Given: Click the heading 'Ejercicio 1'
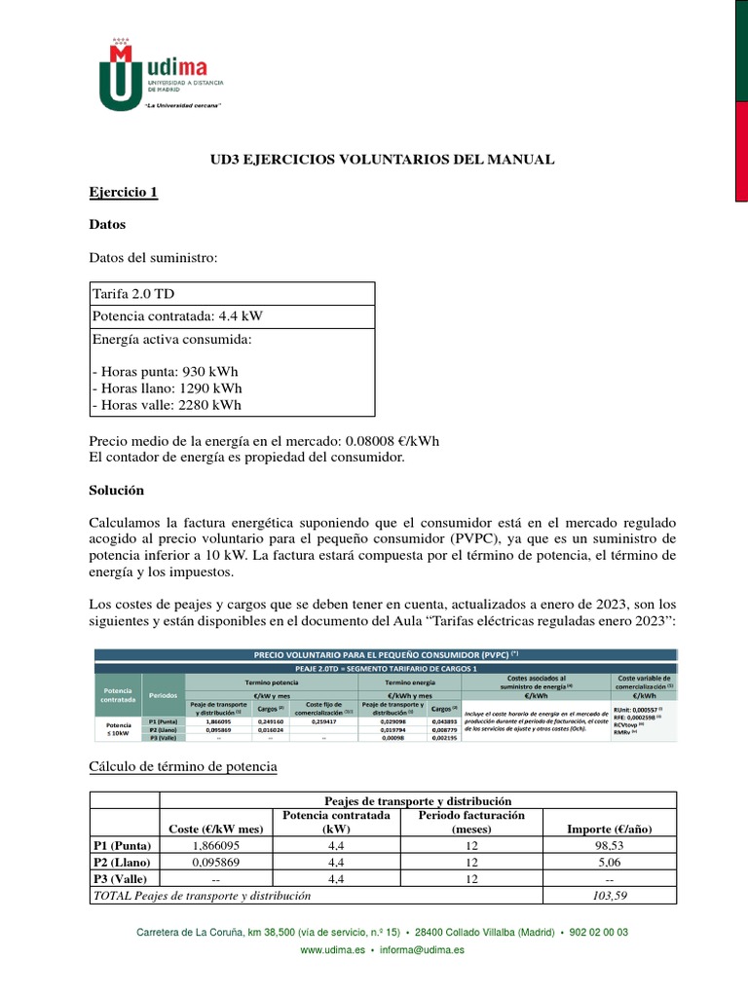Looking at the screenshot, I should (x=123, y=193).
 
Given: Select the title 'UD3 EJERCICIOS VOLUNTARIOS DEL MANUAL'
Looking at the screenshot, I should (x=383, y=159).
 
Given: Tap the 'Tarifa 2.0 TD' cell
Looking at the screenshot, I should (x=133, y=294).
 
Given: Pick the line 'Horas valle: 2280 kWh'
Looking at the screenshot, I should (x=168, y=405).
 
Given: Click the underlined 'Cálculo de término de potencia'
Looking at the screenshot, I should (x=183, y=767).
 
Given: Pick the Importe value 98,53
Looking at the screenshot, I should (x=609, y=846).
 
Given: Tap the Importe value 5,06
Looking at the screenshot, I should (x=609, y=862).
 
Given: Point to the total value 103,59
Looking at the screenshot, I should (x=609, y=895).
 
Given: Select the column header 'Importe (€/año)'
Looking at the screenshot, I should (x=609, y=829).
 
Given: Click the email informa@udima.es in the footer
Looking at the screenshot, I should (x=422, y=949).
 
